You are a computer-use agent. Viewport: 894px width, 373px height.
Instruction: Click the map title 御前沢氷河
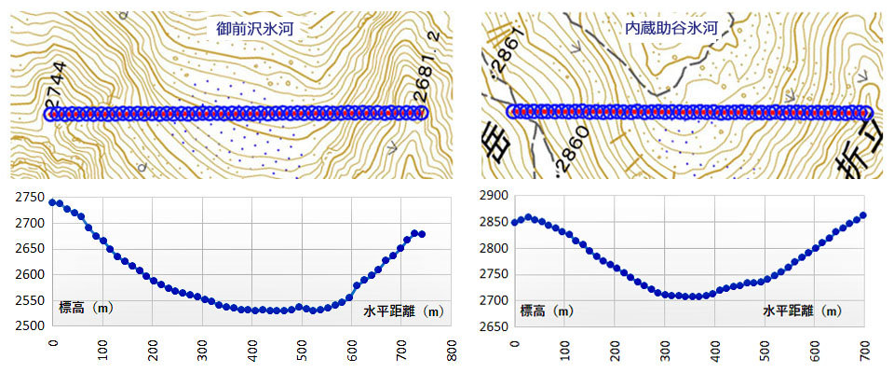pos(254,29)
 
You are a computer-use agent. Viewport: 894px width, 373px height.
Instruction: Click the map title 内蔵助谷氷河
pos(671,29)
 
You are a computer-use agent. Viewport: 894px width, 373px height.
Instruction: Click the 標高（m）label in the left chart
pos(86,308)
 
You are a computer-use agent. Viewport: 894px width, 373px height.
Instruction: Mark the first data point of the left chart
pos(53,202)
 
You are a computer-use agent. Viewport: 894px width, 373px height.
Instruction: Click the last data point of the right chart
pos(863,215)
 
